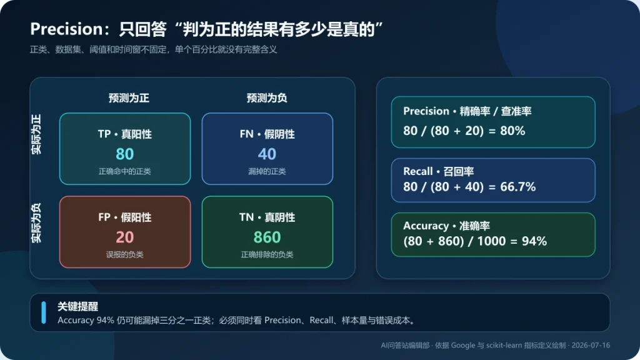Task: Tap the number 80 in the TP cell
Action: click(x=125, y=154)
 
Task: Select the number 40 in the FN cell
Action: click(x=267, y=154)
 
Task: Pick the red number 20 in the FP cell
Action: click(x=125, y=237)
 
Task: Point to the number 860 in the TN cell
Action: click(x=267, y=237)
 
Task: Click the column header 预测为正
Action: click(x=129, y=98)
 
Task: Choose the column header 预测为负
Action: click(x=267, y=98)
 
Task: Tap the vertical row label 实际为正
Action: click(x=37, y=134)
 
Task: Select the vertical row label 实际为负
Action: click(x=37, y=223)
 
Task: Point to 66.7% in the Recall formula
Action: click(x=518, y=186)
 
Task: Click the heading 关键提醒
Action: click(x=77, y=306)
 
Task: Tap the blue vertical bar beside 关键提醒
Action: click(x=44, y=312)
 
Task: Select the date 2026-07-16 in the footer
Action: click(x=591, y=345)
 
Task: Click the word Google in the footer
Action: click(x=463, y=345)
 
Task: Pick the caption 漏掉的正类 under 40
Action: click(x=267, y=171)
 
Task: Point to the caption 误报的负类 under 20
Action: click(x=125, y=255)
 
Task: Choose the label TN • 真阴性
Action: click(x=267, y=217)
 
